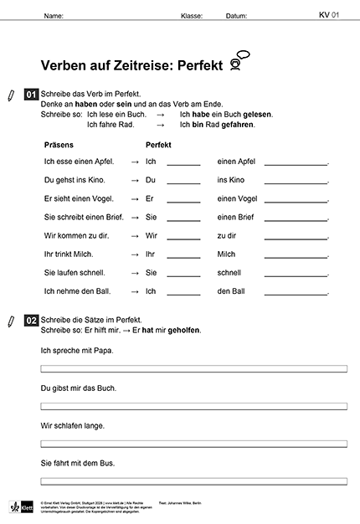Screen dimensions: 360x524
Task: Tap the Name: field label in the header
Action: click(53, 16)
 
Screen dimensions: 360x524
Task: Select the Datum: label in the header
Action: click(236, 16)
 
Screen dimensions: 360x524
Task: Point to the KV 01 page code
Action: click(328, 15)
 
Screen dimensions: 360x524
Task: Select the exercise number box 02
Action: click(31, 320)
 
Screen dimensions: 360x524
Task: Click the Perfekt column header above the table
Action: click(158, 145)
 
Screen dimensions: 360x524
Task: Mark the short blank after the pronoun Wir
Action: click(183, 236)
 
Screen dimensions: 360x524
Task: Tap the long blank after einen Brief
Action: click(296, 218)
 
